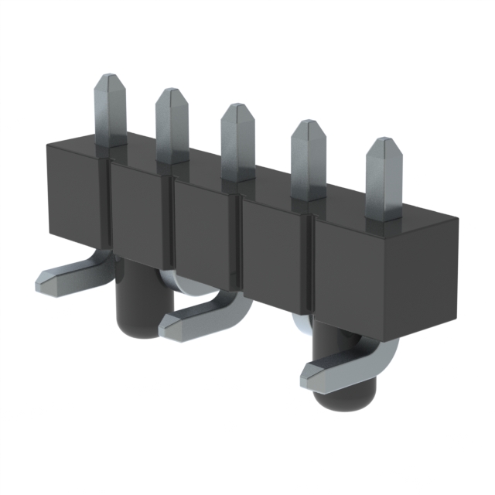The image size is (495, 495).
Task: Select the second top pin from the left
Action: coord(172,124)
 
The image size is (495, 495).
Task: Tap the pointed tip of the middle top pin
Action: coord(237,112)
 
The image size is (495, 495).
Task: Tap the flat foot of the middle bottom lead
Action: coord(189,324)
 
